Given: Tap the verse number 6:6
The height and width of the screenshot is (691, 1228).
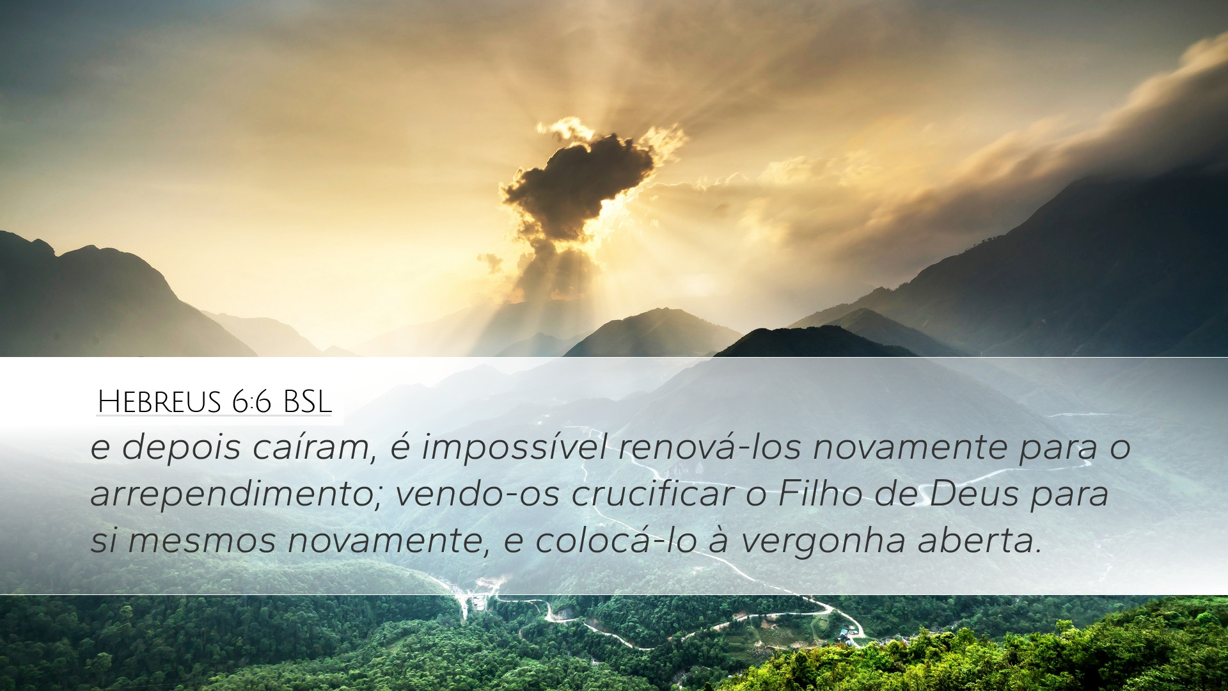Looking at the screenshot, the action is [x=252, y=402].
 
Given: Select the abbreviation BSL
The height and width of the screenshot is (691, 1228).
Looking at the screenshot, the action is [x=307, y=402].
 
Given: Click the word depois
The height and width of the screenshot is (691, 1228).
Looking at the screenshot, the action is [x=181, y=447].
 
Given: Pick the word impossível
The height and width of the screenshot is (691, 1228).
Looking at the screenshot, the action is [x=514, y=447].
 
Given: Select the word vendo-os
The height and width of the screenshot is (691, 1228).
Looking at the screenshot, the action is [x=477, y=493].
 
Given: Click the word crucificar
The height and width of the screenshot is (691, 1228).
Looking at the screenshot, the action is [x=653, y=493].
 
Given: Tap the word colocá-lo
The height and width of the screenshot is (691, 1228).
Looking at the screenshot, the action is [x=616, y=540].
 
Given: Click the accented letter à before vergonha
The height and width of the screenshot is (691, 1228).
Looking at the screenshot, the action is [x=719, y=540].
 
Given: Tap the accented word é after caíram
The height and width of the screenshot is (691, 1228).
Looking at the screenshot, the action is [x=400, y=446].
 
